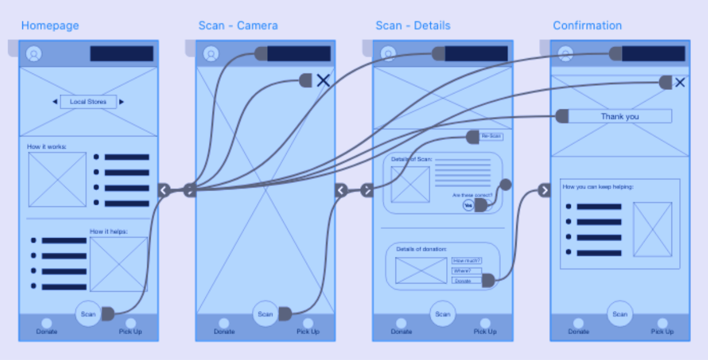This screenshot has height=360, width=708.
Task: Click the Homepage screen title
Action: click(50, 26)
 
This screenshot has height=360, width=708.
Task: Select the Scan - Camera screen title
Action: click(238, 26)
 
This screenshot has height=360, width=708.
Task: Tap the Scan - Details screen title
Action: click(413, 26)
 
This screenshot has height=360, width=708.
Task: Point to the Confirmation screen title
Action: click(587, 26)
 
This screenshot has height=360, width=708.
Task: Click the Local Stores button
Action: click(88, 102)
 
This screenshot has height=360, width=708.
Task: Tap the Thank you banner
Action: click(619, 116)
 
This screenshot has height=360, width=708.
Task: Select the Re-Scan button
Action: click(491, 136)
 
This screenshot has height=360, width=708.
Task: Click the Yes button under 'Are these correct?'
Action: click(468, 205)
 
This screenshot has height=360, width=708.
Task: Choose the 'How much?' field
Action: click(467, 261)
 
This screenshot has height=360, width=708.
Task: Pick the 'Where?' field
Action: click(466, 271)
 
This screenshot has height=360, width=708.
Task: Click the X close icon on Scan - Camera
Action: click(323, 81)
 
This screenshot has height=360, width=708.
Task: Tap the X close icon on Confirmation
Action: click(680, 82)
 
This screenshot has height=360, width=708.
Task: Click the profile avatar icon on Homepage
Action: click(34, 54)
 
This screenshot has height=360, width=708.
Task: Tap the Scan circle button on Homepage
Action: click(88, 314)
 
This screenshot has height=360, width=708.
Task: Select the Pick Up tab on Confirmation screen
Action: click(662, 327)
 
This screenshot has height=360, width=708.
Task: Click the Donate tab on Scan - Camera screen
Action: click(224, 327)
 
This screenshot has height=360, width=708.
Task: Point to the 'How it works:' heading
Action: click(46, 146)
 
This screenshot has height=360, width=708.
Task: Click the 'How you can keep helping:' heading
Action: click(597, 187)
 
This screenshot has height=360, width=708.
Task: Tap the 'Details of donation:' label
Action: click(421, 249)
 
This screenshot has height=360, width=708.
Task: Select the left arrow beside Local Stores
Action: click(55, 102)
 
